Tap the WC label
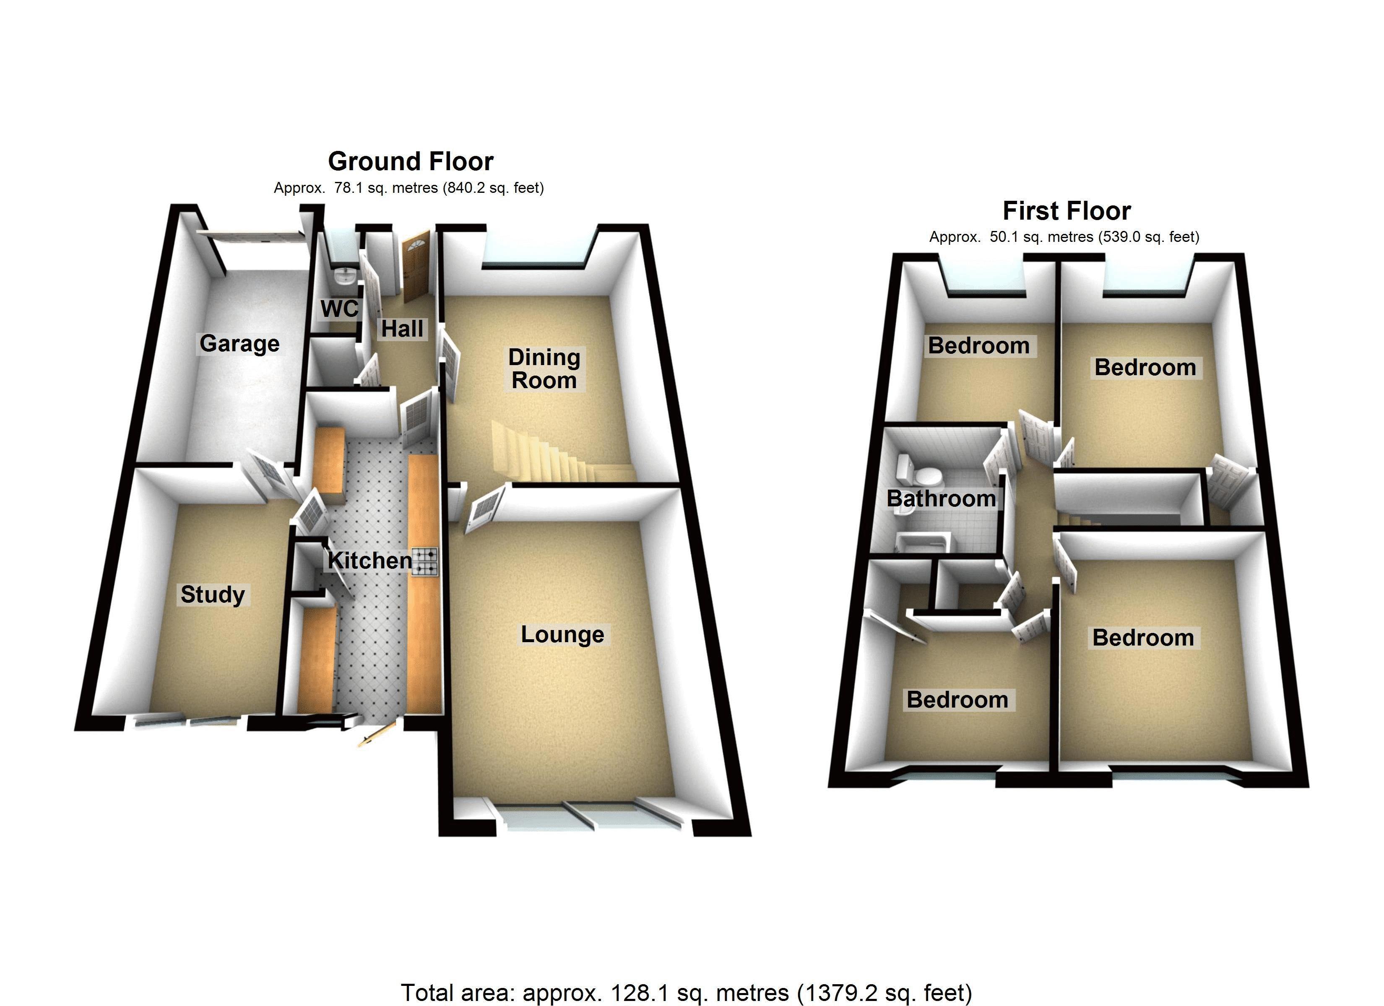coord(339,309)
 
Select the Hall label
coord(402,329)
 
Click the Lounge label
coord(562,635)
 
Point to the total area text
coord(686,993)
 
